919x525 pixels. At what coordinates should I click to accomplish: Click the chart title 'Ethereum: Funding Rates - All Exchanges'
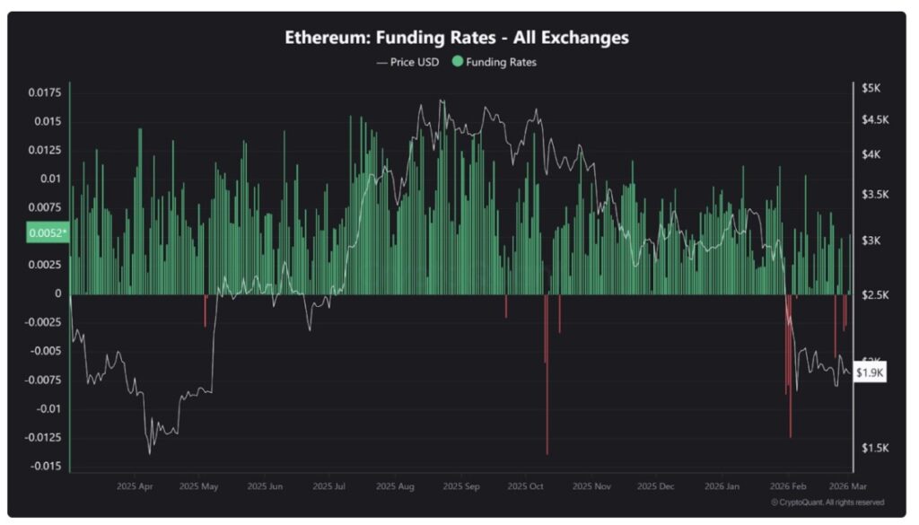tap(457, 38)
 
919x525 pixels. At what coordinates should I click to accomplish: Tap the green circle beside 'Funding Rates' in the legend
tap(458, 63)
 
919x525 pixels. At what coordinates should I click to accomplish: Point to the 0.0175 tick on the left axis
tap(45, 92)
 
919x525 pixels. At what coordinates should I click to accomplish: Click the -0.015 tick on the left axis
tap(45, 467)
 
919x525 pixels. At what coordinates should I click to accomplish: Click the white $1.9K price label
tap(870, 372)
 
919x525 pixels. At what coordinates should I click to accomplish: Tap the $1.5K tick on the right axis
tap(873, 448)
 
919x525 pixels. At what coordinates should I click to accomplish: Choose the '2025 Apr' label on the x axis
tap(135, 486)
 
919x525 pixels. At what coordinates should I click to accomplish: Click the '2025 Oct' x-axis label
tap(526, 486)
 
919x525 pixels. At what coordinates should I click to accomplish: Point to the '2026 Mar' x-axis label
tap(845, 486)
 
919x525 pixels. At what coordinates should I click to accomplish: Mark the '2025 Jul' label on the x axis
tap(329, 486)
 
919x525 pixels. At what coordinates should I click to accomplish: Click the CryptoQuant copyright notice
tap(827, 503)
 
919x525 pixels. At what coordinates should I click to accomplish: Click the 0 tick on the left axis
tap(59, 293)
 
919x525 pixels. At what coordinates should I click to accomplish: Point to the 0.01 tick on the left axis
tap(51, 179)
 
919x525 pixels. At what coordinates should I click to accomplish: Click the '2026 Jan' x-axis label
tap(722, 486)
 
